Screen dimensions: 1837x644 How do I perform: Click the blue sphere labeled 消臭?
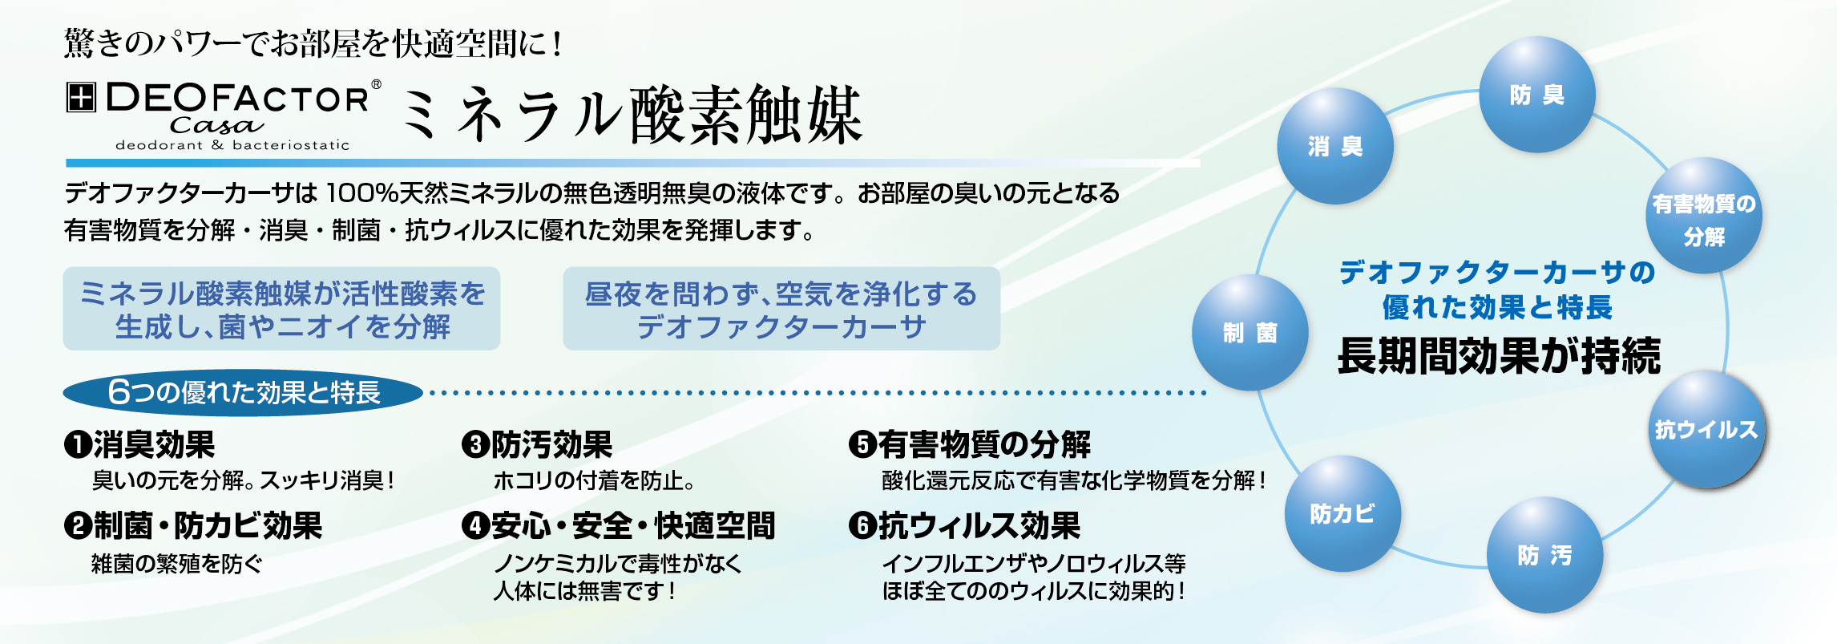1335,146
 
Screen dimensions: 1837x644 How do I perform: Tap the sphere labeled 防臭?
1537,95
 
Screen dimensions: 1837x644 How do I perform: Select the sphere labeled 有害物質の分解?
1704,216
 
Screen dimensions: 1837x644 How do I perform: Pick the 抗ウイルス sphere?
1707,429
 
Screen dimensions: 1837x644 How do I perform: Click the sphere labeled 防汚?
1545,555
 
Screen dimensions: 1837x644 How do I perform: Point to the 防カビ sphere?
1342,513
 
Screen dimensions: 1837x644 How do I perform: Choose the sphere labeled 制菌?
1250,332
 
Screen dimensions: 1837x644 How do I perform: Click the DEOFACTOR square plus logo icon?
80,97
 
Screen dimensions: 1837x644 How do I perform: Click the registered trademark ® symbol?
376,84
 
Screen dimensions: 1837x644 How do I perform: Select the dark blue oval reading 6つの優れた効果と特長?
243,392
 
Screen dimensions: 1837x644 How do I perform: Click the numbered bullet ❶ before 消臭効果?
78,445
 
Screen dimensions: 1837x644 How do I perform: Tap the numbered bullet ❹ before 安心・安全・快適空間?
475,526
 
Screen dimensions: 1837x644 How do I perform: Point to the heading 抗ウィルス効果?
979,526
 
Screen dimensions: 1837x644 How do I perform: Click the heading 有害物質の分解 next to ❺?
984,444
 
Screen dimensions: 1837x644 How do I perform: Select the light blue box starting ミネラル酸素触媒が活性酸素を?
281,309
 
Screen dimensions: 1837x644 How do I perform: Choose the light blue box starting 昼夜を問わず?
781,309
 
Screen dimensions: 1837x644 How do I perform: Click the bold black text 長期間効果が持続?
1499,356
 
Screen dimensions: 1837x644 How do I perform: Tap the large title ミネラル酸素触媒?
631,115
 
